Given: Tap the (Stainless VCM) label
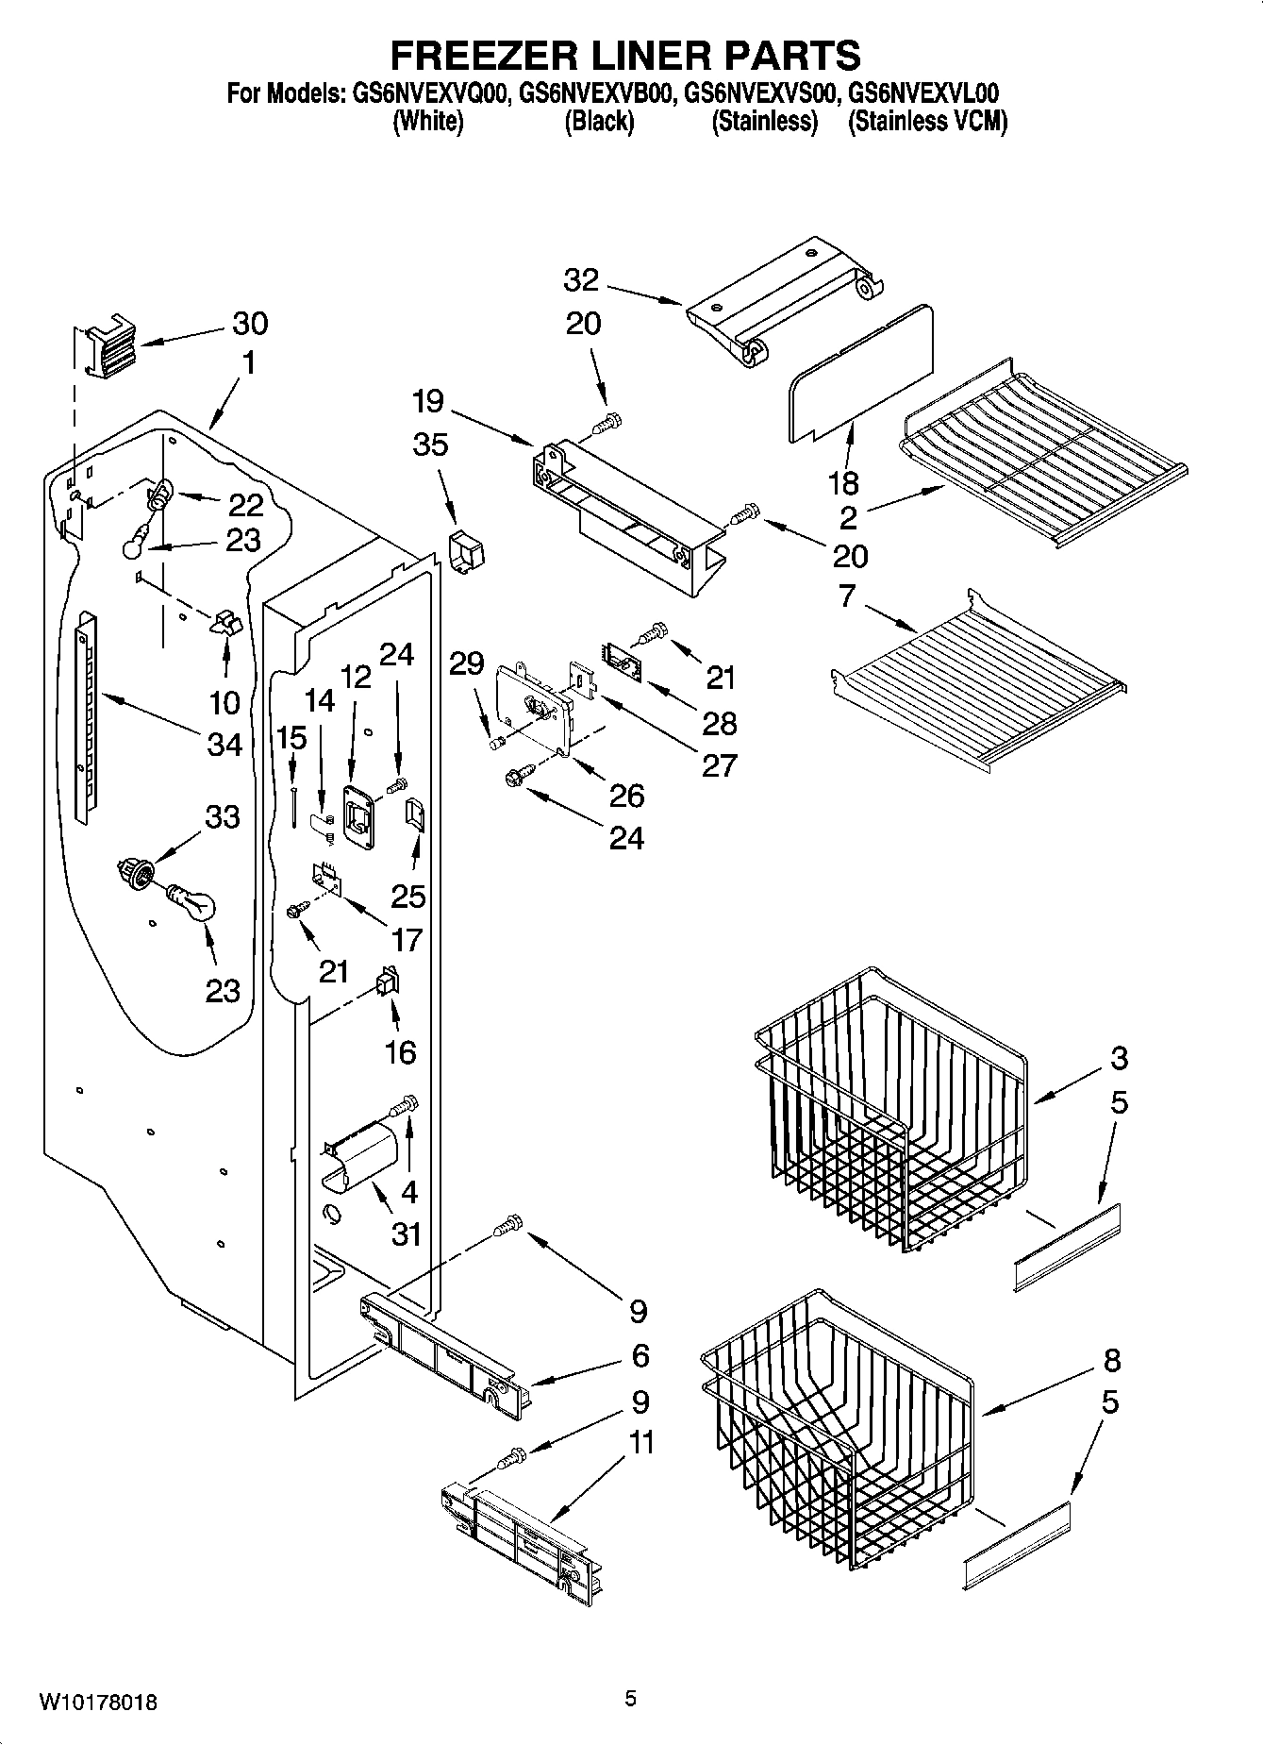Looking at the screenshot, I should click(x=927, y=122).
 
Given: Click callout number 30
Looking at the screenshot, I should click(x=250, y=324).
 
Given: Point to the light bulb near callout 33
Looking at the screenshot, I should click(x=193, y=902).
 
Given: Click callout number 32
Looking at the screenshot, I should click(x=582, y=280).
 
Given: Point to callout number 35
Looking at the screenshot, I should click(x=431, y=445).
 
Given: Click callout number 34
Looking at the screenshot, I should click(x=225, y=745).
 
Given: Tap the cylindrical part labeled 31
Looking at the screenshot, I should click(x=361, y=1153).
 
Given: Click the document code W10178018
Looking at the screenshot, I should click(x=98, y=1703).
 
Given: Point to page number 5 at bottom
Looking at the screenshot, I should click(x=631, y=1700).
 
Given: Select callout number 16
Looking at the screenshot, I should click(x=401, y=1051).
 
